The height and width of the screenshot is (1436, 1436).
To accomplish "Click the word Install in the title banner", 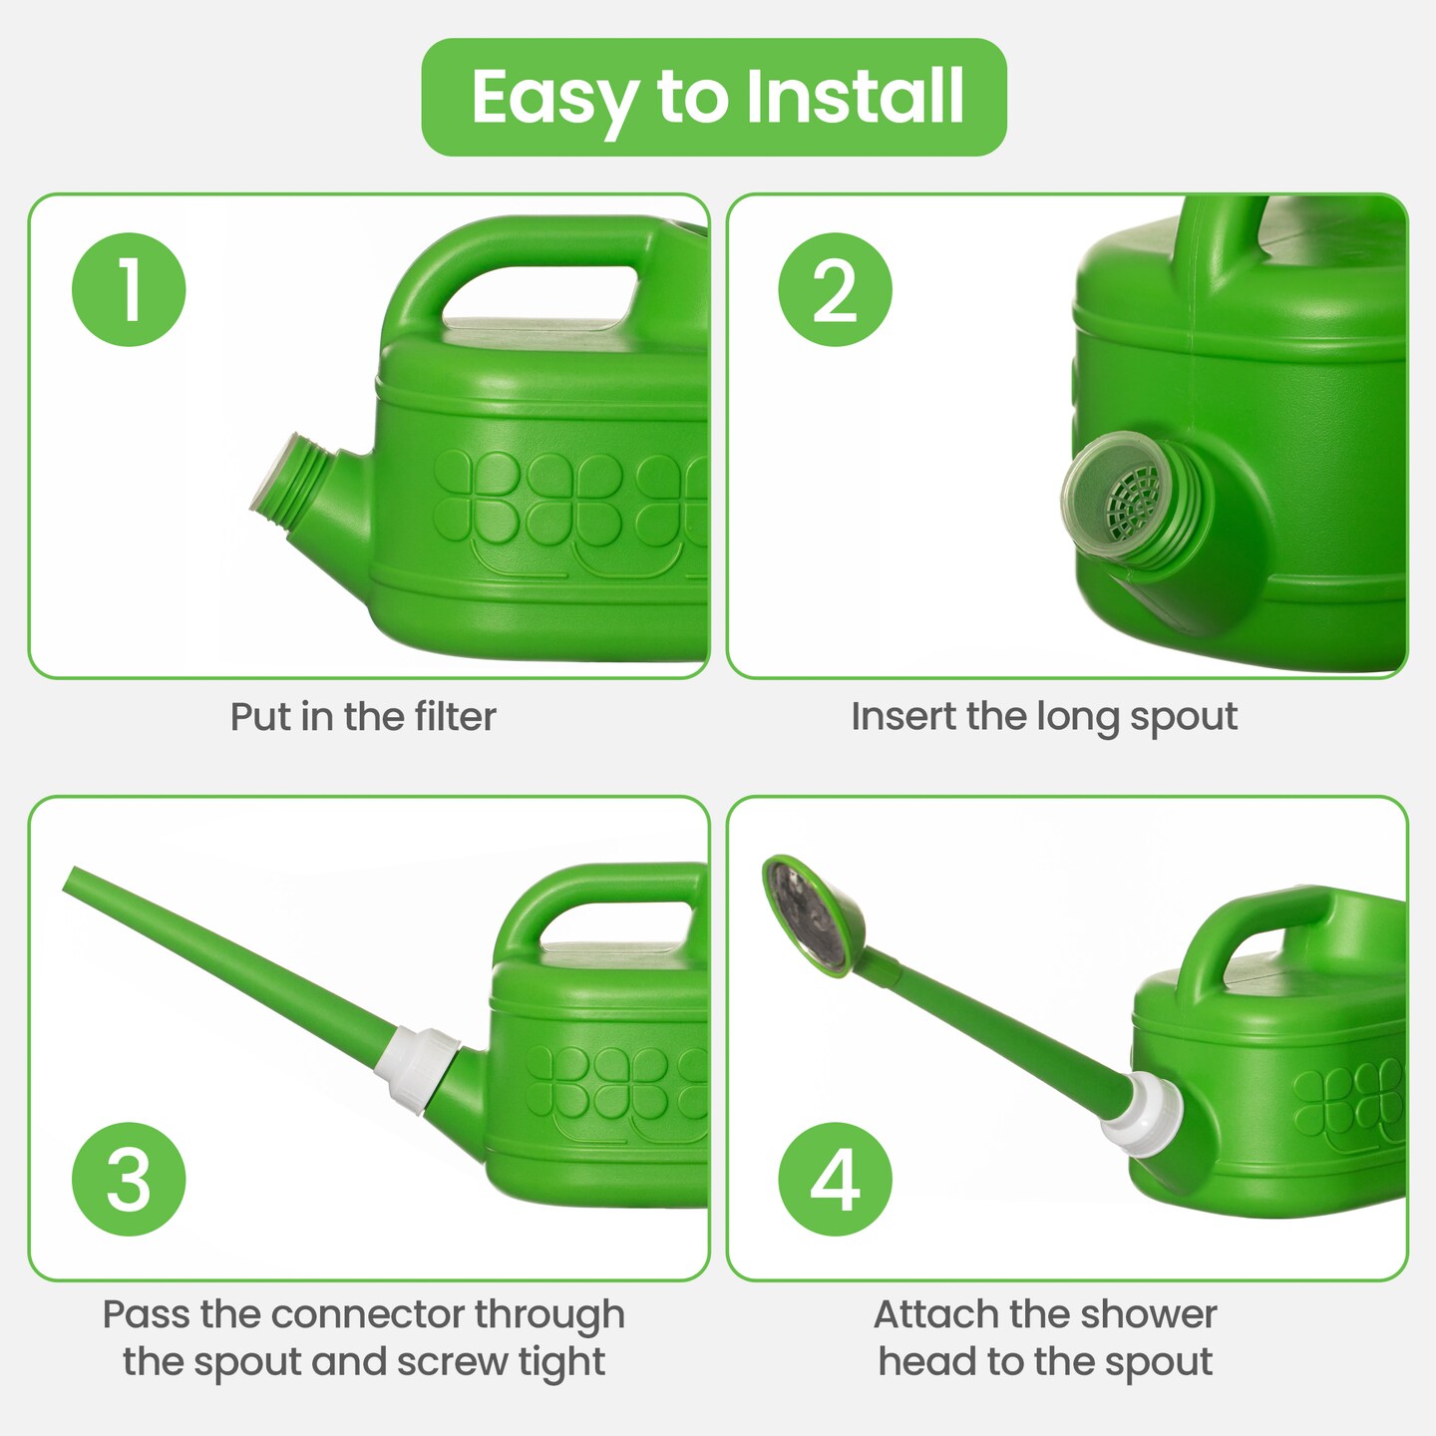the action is coord(855,96).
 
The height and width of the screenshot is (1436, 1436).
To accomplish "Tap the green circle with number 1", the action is coord(129,289).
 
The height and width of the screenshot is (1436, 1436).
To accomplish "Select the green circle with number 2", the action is coord(835,289).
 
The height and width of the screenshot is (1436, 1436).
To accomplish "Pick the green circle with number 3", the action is coord(129,1180).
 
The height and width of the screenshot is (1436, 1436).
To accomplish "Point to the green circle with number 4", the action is coord(835,1180).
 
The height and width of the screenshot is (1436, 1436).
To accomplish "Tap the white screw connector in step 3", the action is coord(417,1070).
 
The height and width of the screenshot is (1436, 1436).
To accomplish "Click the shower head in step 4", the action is coord(814,913).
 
